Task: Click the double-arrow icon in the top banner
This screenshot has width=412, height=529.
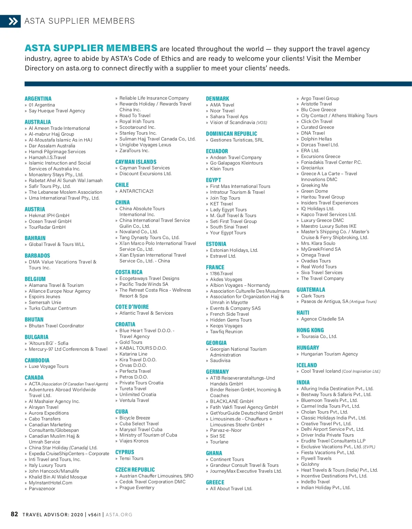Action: point(13,22)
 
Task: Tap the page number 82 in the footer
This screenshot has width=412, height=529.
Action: point(14,514)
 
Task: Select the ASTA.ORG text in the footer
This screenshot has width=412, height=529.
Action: point(119,515)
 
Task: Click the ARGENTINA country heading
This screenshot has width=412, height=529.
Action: point(38,99)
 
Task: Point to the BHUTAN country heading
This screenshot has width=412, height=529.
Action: point(34,319)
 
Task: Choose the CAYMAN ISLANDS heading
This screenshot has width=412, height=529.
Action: point(136,162)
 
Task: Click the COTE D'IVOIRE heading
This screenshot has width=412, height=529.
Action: point(132,307)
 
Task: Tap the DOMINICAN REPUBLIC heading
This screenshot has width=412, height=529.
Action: point(231,134)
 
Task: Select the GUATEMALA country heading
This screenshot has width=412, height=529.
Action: point(311,290)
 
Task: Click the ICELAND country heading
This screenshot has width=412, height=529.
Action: point(307,365)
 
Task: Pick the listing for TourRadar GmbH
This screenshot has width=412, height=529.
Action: point(47,227)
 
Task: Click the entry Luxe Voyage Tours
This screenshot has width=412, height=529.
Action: point(48,366)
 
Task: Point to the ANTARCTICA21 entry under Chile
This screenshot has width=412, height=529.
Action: point(136,191)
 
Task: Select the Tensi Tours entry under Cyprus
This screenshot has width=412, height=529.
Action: point(131,458)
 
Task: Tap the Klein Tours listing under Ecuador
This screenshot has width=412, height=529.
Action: point(221,169)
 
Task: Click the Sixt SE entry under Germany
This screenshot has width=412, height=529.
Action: point(218,436)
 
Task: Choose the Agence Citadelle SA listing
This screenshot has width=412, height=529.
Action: point(322,319)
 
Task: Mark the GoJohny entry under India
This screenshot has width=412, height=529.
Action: point(310,464)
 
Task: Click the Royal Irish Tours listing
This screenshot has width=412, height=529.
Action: point(137,121)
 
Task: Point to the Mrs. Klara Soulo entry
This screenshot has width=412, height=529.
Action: point(318,243)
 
